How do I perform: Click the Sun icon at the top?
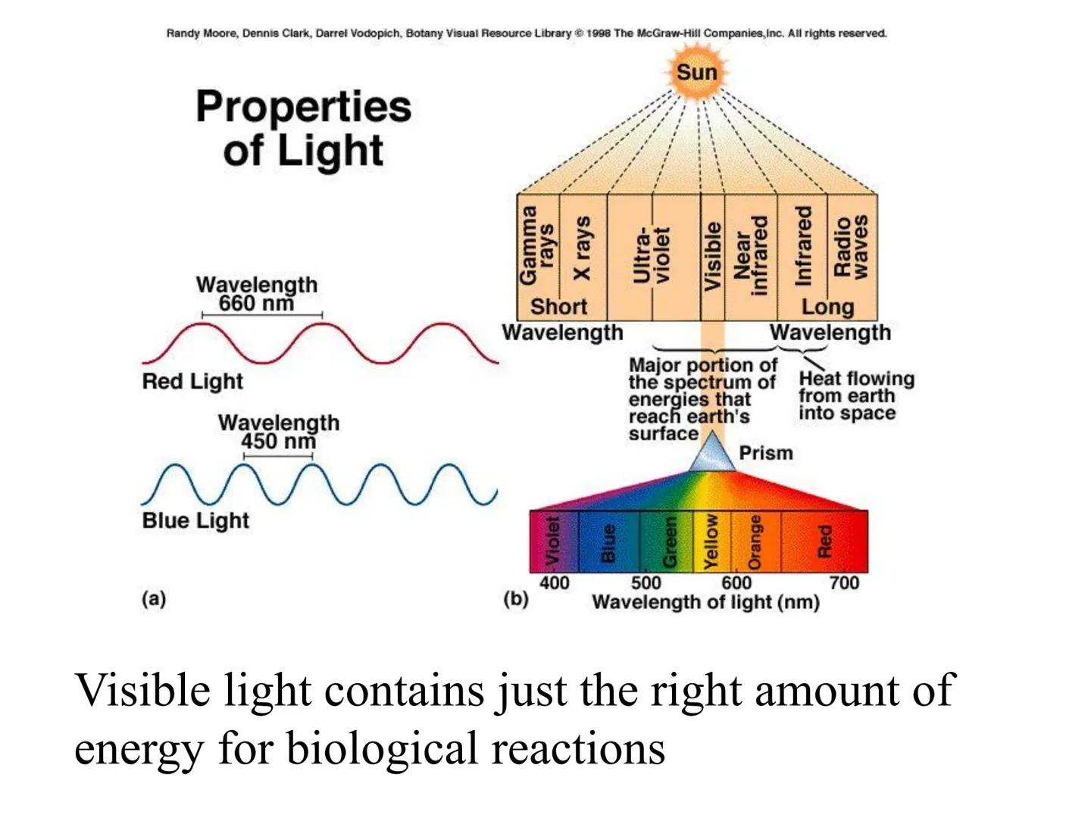point(696,73)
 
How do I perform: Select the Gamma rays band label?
point(537,245)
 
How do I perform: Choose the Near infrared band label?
point(751,254)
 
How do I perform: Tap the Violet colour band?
point(554,542)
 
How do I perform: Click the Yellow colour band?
point(711,542)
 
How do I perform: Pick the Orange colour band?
point(755,542)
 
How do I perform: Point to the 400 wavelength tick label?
point(554,582)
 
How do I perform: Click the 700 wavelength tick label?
point(844,582)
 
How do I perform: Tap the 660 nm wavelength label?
point(256,304)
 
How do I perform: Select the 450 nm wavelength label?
point(278,442)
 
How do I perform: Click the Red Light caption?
point(192,381)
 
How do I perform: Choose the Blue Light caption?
point(195,520)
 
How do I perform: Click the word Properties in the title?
point(303,106)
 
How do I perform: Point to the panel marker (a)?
point(153,598)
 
